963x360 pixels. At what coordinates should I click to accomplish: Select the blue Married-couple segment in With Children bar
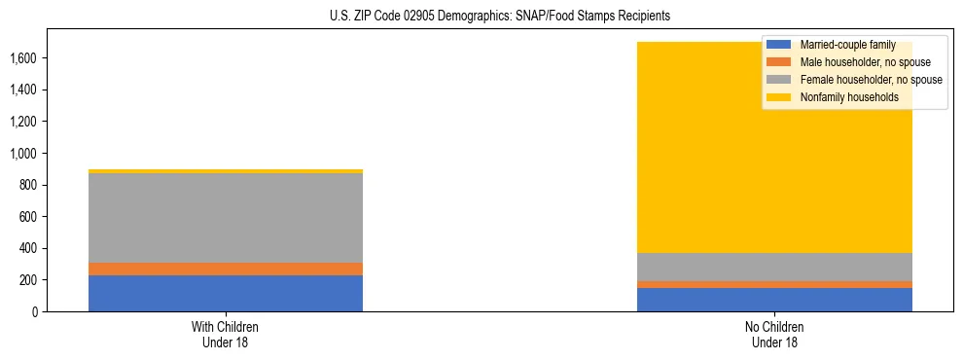(226, 293)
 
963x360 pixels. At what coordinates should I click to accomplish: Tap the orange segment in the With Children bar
(226, 269)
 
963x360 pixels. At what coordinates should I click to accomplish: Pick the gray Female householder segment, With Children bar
(226, 218)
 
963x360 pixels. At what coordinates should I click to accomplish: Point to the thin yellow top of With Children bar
(226, 171)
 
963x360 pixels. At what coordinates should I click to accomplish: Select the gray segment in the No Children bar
(774, 268)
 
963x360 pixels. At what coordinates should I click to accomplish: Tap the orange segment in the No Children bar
(774, 284)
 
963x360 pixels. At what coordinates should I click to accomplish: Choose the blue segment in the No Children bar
(774, 300)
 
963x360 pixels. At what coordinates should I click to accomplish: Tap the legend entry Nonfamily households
(842, 97)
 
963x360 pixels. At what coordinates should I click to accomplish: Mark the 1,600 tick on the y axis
(23, 58)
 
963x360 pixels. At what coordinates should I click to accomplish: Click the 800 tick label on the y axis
(28, 185)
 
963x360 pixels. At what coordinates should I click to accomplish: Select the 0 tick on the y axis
(34, 311)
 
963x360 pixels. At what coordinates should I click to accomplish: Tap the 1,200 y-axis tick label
(23, 122)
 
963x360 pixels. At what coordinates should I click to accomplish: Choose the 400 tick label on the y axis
(28, 248)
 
